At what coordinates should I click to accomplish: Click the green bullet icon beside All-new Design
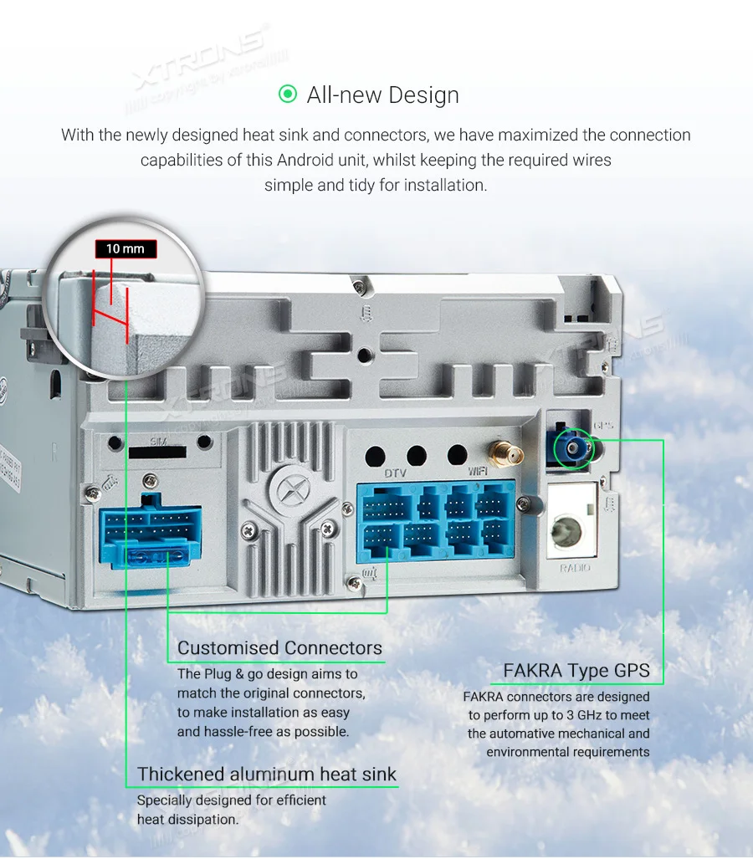point(288,94)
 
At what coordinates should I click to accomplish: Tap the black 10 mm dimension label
point(125,248)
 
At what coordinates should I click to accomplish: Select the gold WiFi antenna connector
point(504,454)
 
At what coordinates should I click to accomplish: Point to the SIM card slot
point(157,453)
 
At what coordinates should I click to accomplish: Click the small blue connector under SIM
point(151,537)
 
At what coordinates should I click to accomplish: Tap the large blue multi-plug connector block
point(436,520)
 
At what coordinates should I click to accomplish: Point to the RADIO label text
point(574,568)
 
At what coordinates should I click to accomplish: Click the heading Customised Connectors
point(279,648)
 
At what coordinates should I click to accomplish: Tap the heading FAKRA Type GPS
point(576,671)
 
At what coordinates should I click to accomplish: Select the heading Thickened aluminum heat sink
point(267,774)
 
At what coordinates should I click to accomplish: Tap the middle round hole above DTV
point(417,456)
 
